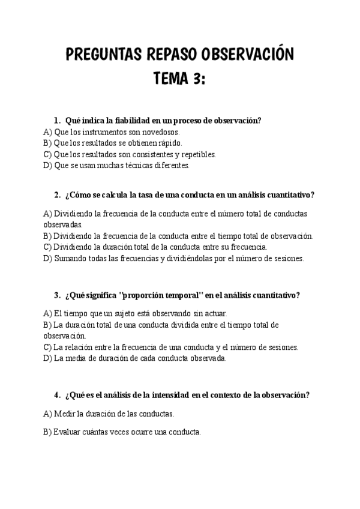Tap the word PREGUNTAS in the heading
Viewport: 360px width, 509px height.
coord(101,55)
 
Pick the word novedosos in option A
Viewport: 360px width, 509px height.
coord(162,131)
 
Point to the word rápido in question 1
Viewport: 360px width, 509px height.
coord(169,143)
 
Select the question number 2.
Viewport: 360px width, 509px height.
coord(56,194)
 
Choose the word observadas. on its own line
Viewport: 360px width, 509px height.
coord(62,223)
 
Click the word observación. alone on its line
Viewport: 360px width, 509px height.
coord(65,336)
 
